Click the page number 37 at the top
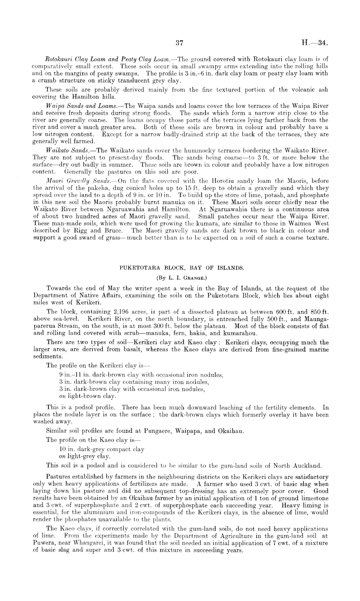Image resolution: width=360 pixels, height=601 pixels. (179, 43)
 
